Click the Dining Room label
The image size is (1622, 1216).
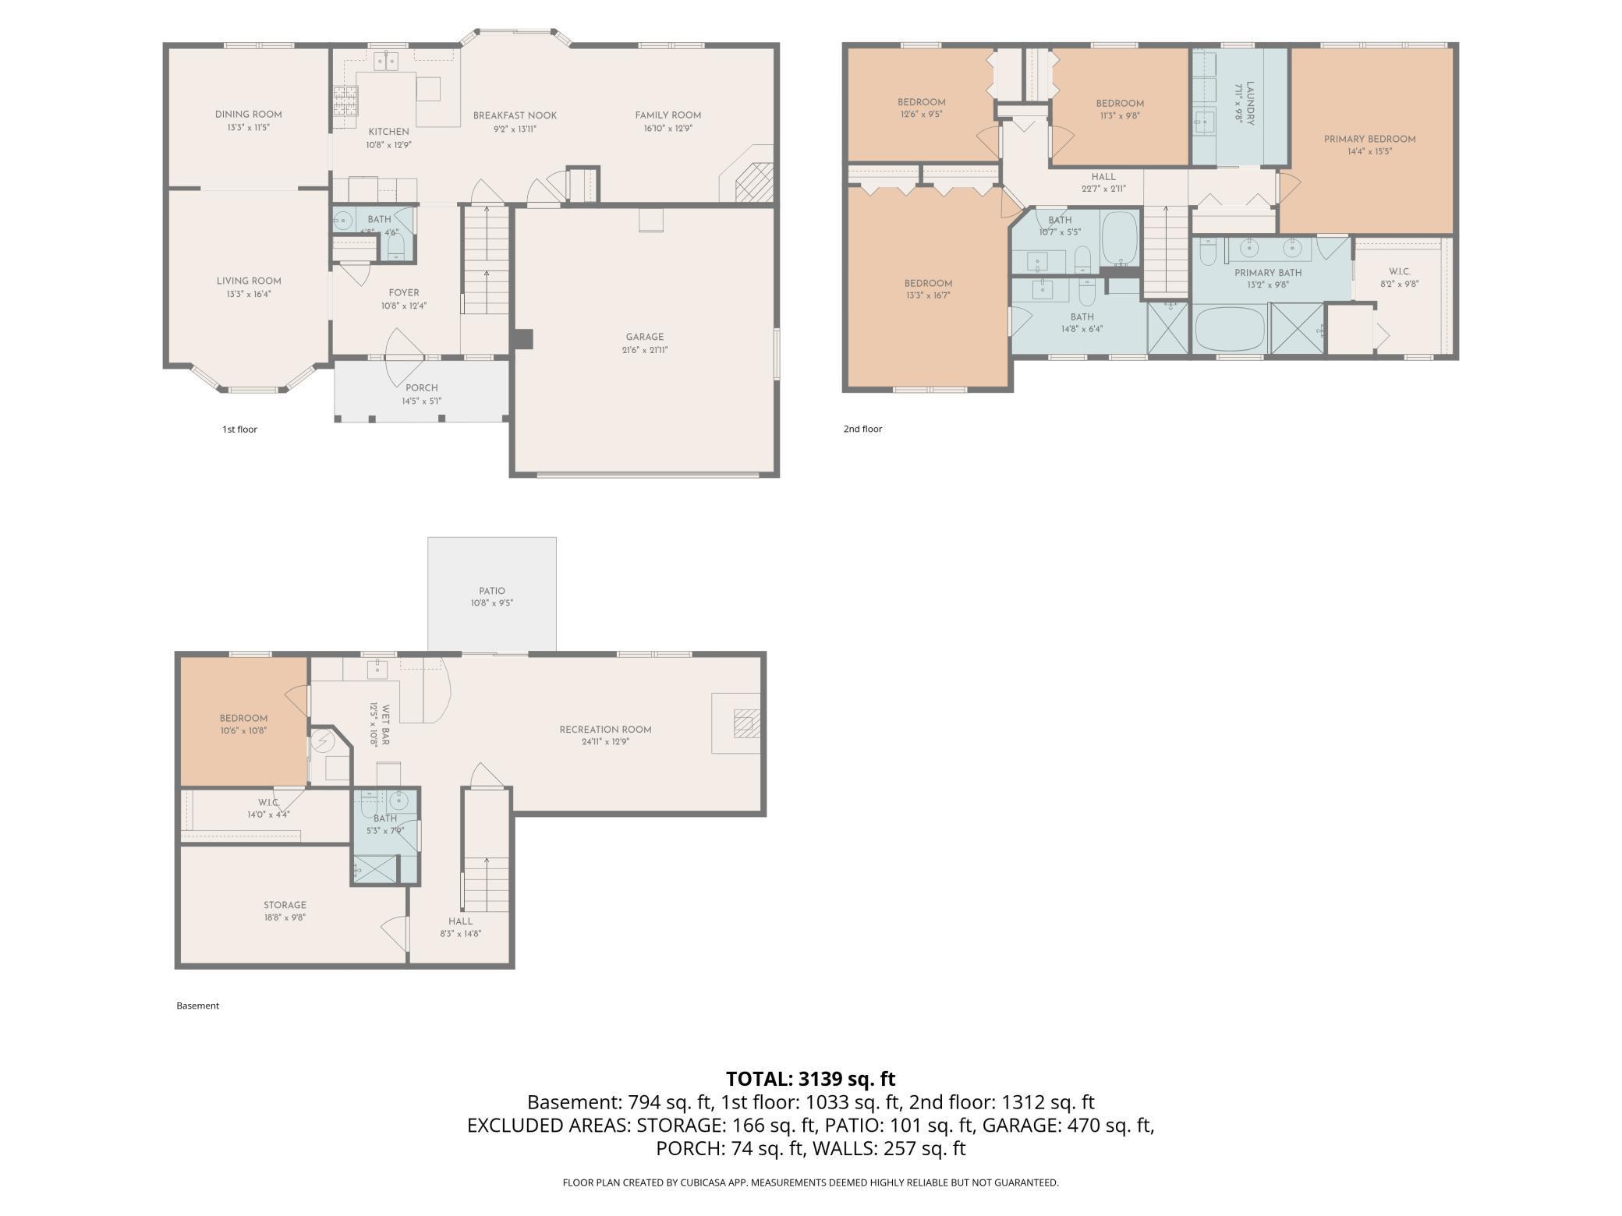[248, 115]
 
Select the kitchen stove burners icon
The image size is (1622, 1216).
[344, 101]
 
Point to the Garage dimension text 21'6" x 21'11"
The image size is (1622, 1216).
[644, 350]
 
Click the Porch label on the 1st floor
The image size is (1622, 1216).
[422, 387]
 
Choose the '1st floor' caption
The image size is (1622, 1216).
[239, 429]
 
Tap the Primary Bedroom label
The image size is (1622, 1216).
[1369, 140]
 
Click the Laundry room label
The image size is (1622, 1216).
[1250, 103]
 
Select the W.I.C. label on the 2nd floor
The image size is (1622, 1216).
[1400, 272]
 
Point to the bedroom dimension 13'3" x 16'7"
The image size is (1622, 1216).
[928, 296]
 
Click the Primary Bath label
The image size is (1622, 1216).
[1268, 273]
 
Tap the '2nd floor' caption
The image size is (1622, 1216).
[862, 429]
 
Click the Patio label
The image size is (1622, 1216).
[492, 591]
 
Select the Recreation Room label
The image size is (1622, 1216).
[605, 730]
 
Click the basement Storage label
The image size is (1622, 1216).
[285, 905]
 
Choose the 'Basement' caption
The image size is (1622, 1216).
[197, 1006]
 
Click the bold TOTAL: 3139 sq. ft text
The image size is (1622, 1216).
[810, 1079]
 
